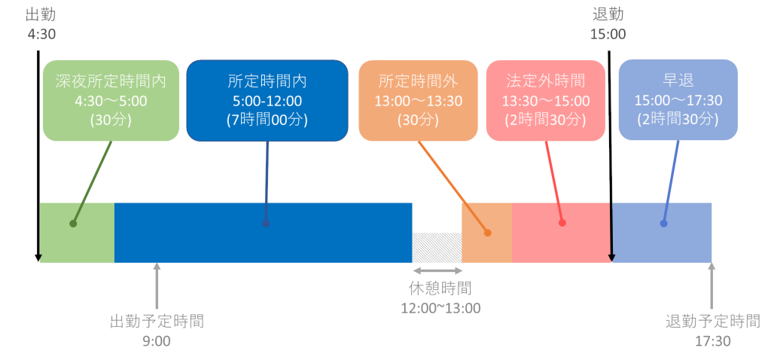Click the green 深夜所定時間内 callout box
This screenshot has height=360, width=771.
111,99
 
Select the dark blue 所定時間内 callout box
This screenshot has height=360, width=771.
267,99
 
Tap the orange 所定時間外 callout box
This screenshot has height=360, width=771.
418,99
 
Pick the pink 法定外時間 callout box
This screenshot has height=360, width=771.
546,99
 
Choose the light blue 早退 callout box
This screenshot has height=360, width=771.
667,99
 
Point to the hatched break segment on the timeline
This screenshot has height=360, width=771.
437,247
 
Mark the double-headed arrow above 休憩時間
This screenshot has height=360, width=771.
437,270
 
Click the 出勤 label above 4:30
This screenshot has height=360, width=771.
40,14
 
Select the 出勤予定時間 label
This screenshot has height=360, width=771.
157,322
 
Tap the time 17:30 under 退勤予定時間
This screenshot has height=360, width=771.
712,340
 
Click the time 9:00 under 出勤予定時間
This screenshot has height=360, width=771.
157,340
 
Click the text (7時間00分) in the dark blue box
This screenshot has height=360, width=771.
267,119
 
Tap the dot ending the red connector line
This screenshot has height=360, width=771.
562,223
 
